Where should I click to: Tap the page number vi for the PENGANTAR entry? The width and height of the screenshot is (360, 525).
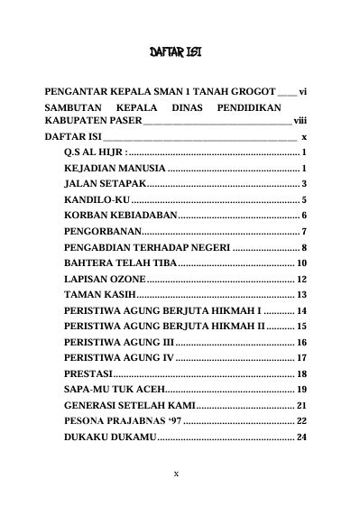pos(304,92)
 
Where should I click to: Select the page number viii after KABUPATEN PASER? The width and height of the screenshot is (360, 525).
pos(300,120)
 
